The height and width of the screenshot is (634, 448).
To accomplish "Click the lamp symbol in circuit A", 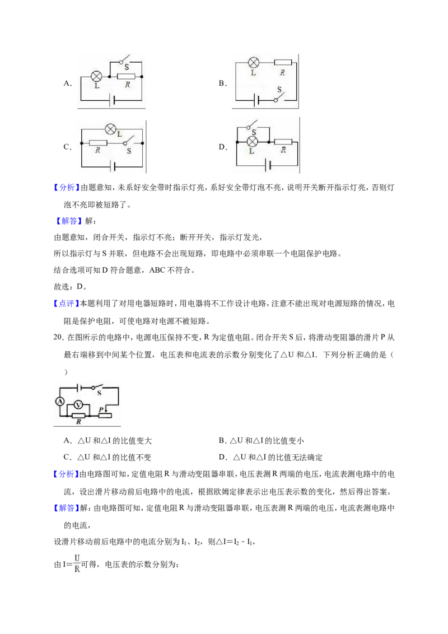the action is [x=96, y=76].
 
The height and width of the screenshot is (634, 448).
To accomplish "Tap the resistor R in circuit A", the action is [x=126, y=76].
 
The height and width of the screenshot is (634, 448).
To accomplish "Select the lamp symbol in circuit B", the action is [x=254, y=62].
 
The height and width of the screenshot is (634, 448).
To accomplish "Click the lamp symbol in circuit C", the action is [x=110, y=129].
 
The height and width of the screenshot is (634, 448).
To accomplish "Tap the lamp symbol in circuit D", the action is [x=253, y=142].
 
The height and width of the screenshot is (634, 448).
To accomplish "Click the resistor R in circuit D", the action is [x=283, y=142].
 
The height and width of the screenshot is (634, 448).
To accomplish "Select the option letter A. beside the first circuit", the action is [x=68, y=83].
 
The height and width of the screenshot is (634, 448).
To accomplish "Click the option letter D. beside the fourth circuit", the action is [x=223, y=147].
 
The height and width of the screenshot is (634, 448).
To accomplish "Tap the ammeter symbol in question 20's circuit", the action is [x=60, y=401].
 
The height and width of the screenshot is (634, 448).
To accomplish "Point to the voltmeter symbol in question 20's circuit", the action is [x=80, y=405].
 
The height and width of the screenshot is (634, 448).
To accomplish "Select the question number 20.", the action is [x=59, y=337].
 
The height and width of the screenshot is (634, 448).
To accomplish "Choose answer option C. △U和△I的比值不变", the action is [x=107, y=458].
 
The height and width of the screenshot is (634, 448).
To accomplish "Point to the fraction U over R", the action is [x=77, y=563].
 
